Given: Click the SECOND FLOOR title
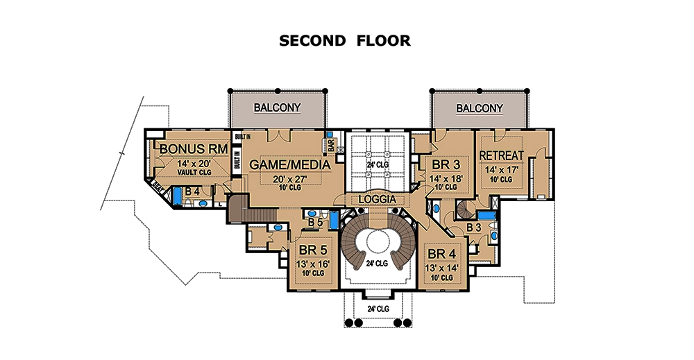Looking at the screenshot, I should pyautogui.click(x=344, y=41).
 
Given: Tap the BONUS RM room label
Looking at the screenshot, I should pyautogui.click(x=190, y=148).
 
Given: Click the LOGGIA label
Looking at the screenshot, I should pyautogui.click(x=377, y=199).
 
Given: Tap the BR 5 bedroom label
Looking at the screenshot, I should pyautogui.click(x=311, y=250).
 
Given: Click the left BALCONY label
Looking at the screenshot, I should pyautogui.click(x=277, y=108).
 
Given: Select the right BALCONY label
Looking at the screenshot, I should pyautogui.click(x=480, y=108).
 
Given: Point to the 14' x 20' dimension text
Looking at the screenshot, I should pyautogui.click(x=190, y=163).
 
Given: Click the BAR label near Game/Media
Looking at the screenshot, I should pyautogui.click(x=331, y=146).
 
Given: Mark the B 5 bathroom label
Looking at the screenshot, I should pyautogui.click(x=315, y=223).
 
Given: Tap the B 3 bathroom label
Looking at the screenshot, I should pyautogui.click(x=474, y=226).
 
